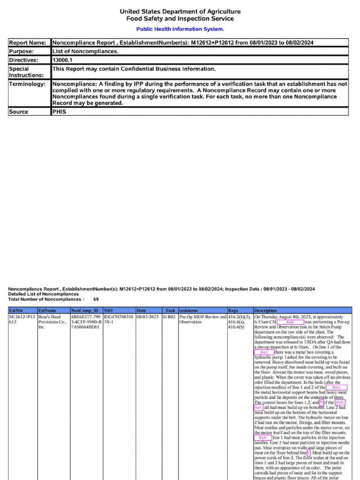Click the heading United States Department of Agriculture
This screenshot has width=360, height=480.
tap(180, 11)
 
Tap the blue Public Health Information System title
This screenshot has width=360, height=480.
tap(180, 29)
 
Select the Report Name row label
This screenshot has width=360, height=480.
tap(28, 43)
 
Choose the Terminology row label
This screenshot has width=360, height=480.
tap(28, 84)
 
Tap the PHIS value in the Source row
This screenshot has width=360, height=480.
tap(59, 112)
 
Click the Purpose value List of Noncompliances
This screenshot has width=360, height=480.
tap(85, 51)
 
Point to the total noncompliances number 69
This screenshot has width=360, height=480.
tap(96, 299)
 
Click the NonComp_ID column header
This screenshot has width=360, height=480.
tap(85, 310)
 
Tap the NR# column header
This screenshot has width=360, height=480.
tap(108, 310)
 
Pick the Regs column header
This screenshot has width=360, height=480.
tap(233, 310)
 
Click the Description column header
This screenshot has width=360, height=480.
tap(265, 310)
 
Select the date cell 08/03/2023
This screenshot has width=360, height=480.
tap(148, 317)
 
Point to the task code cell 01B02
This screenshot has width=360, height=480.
tap(169, 317)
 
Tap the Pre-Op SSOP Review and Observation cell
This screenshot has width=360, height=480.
tap(202, 320)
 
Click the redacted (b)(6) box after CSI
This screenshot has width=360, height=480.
tap(290, 322)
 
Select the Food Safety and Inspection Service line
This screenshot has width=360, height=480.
tap(180, 19)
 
